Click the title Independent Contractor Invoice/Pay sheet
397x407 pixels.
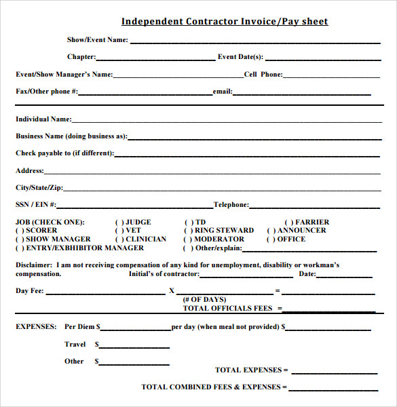[225, 22]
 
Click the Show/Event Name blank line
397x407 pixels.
[254, 42]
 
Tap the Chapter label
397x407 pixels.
[81, 57]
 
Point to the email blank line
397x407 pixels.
[301, 94]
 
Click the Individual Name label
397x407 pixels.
[43, 119]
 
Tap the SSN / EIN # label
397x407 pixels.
[36, 204]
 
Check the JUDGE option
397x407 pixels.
[119, 222]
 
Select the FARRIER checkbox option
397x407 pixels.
[289, 222]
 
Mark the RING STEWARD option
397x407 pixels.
[189, 231]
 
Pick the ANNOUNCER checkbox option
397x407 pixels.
[271, 231]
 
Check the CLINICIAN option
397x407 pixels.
[119, 239]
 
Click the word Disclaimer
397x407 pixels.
[32, 265]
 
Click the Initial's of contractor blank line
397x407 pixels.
[246, 276]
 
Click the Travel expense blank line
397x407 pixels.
[134, 347]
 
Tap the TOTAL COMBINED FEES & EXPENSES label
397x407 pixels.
[210, 387]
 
